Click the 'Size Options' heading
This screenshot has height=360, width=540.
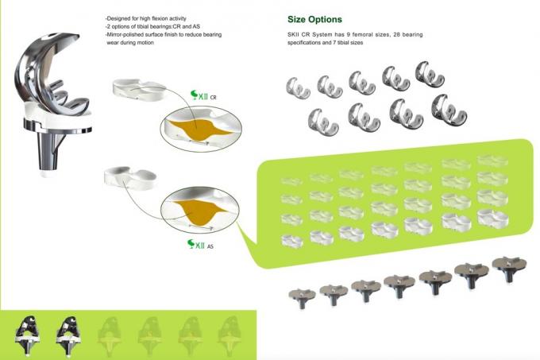[x=314, y=20]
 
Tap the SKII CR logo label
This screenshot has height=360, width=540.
[x=203, y=95]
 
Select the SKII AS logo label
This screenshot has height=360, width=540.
[x=200, y=244]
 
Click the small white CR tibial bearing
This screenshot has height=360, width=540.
[x=139, y=89]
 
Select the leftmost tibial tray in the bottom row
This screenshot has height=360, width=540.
[x=302, y=298]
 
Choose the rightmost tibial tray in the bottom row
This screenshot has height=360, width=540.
[x=509, y=268]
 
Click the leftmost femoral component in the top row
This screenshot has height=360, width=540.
[x=298, y=88]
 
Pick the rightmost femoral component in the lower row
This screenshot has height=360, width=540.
[x=449, y=110]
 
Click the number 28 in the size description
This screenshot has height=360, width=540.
[x=397, y=34]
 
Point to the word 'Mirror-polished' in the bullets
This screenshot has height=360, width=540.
[x=123, y=34]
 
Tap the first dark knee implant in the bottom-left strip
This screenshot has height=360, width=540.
[x=28, y=335]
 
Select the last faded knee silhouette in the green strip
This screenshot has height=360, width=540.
[x=229, y=335]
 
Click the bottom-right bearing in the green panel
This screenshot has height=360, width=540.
[x=493, y=219]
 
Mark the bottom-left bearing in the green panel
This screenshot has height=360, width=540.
[x=292, y=241]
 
